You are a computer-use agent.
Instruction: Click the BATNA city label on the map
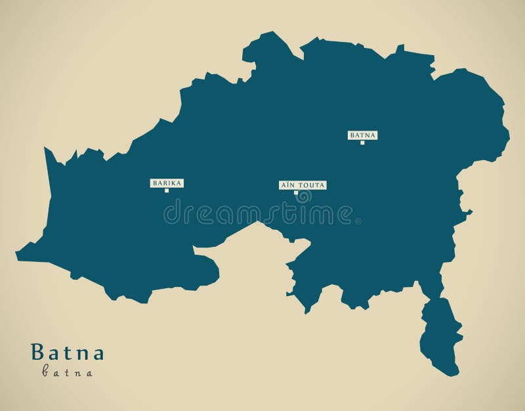tap(362, 135)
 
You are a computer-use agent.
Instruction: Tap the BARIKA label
tap(167, 183)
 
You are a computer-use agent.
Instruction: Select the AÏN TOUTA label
tap(303, 185)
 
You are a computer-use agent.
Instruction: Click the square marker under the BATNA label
tap(362, 142)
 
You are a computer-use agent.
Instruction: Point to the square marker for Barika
tap(167, 190)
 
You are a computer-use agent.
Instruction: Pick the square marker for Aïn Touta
tap(296, 192)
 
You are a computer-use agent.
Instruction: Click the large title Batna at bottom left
tap(67, 353)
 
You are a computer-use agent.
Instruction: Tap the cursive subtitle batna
tap(67, 372)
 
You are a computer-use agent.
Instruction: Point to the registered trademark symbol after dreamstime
tap(358, 221)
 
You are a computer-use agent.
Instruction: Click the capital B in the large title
tap(37, 353)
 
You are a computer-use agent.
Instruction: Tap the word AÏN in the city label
tap(289, 185)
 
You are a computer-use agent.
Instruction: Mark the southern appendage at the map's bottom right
tap(441, 335)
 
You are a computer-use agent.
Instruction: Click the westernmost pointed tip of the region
tap(18, 253)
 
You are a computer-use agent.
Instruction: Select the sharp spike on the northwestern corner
tap(46, 152)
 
